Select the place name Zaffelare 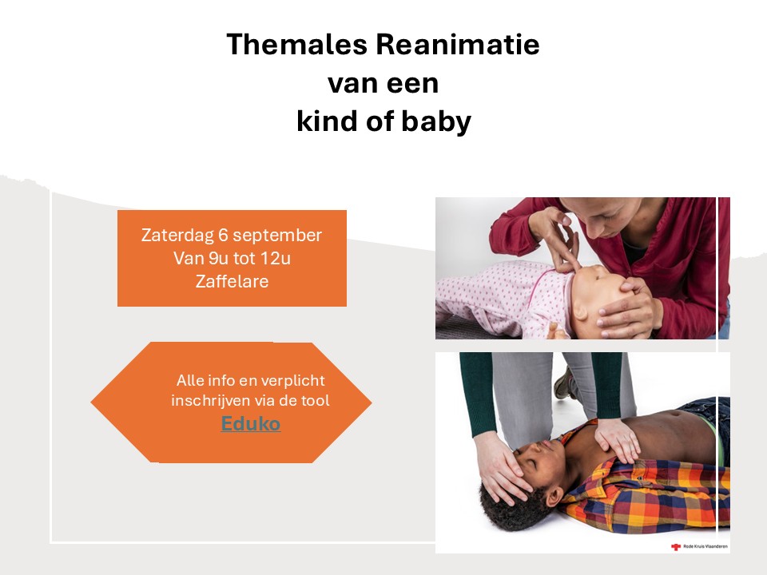[x=232, y=280]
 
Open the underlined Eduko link [x=251, y=424]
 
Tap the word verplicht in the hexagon [x=296, y=380]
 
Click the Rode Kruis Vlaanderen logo [x=699, y=546]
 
